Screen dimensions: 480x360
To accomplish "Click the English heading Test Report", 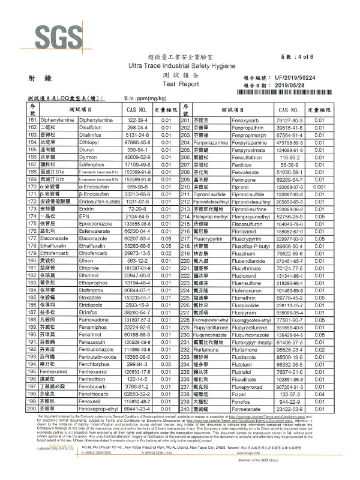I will pos(180,85).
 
